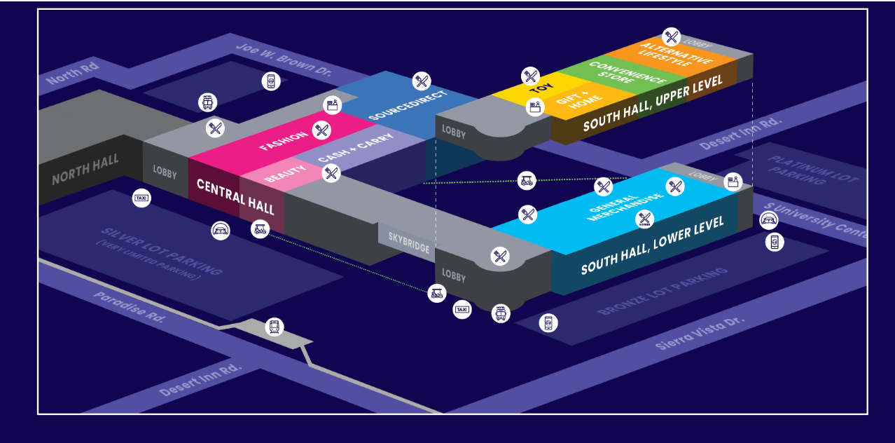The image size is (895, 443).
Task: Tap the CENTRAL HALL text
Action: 235,196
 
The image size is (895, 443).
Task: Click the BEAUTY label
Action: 285,173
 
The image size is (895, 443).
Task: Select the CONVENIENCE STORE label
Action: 617,76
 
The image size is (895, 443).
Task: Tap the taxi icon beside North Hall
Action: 141,198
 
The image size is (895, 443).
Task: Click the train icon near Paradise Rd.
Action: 275,327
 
